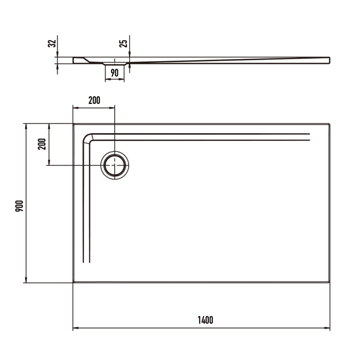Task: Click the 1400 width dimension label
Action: pos(204,320)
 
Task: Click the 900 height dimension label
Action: pos(19,206)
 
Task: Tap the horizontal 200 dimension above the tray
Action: pos(94,100)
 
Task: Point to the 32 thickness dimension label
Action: pos(51,44)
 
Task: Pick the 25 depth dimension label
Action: pos(123,44)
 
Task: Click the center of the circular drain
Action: pos(115,165)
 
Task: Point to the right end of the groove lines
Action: pos(310,137)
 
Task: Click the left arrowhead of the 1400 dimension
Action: pos(75,328)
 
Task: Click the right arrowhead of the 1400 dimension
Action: pos(328,328)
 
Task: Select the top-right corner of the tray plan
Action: pos(330,124)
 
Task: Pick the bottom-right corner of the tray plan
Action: pos(330,282)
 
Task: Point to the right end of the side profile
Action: pos(329,60)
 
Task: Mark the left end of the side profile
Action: pos(74,60)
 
